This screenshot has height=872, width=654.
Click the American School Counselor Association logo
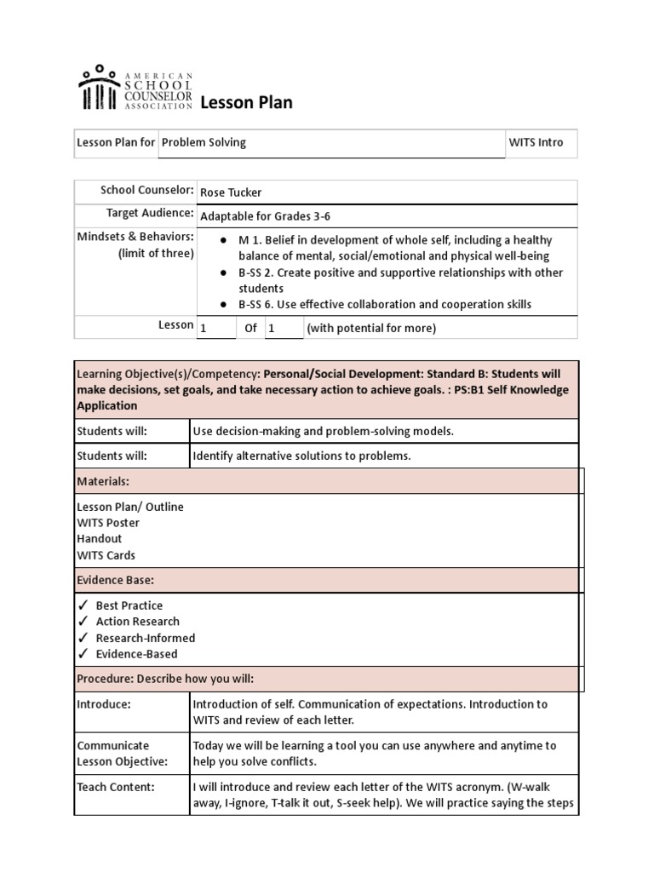(135, 88)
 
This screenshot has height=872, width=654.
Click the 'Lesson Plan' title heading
(246, 103)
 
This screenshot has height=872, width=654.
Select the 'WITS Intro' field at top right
(536, 142)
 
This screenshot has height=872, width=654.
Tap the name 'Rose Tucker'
(231, 192)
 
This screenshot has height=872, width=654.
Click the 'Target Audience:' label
(150, 213)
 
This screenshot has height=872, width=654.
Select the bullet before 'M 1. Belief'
(222, 241)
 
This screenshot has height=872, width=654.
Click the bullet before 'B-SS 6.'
(222, 305)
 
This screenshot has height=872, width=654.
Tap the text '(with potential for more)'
(371, 329)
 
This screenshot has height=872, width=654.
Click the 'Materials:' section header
(103, 482)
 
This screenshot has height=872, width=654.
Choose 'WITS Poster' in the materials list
(108, 523)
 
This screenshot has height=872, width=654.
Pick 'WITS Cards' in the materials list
(106, 555)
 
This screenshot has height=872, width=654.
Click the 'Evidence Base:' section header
(115, 581)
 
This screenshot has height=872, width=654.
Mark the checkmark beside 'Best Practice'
(83, 605)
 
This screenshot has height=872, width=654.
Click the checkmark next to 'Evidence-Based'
(83, 654)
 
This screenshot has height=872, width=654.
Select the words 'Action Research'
(137, 622)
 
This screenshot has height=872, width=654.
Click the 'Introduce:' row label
(104, 704)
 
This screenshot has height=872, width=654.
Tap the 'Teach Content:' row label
(116, 788)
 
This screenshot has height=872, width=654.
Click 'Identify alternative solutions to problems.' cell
(301, 456)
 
